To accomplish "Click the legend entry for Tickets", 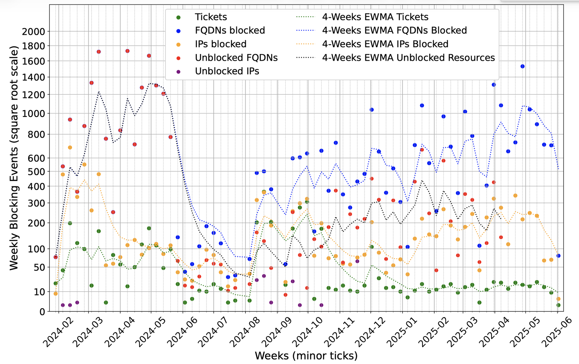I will click(x=211, y=17).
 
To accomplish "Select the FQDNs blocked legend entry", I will click(x=230, y=31).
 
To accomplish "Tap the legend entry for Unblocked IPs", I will click(x=227, y=71).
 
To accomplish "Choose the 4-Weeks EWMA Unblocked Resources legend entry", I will click(x=408, y=58).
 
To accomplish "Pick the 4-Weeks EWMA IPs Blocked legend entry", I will click(x=385, y=44).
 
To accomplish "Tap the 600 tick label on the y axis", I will click(x=37, y=158).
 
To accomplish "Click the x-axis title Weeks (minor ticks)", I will click(x=306, y=356).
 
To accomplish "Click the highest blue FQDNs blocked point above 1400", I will click(x=522, y=66).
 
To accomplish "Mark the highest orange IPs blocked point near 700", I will click(x=70, y=147).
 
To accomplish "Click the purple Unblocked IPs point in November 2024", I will click(x=357, y=261).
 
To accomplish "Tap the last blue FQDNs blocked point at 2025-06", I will click(x=558, y=256).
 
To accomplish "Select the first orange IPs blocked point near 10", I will click(x=56, y=293).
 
